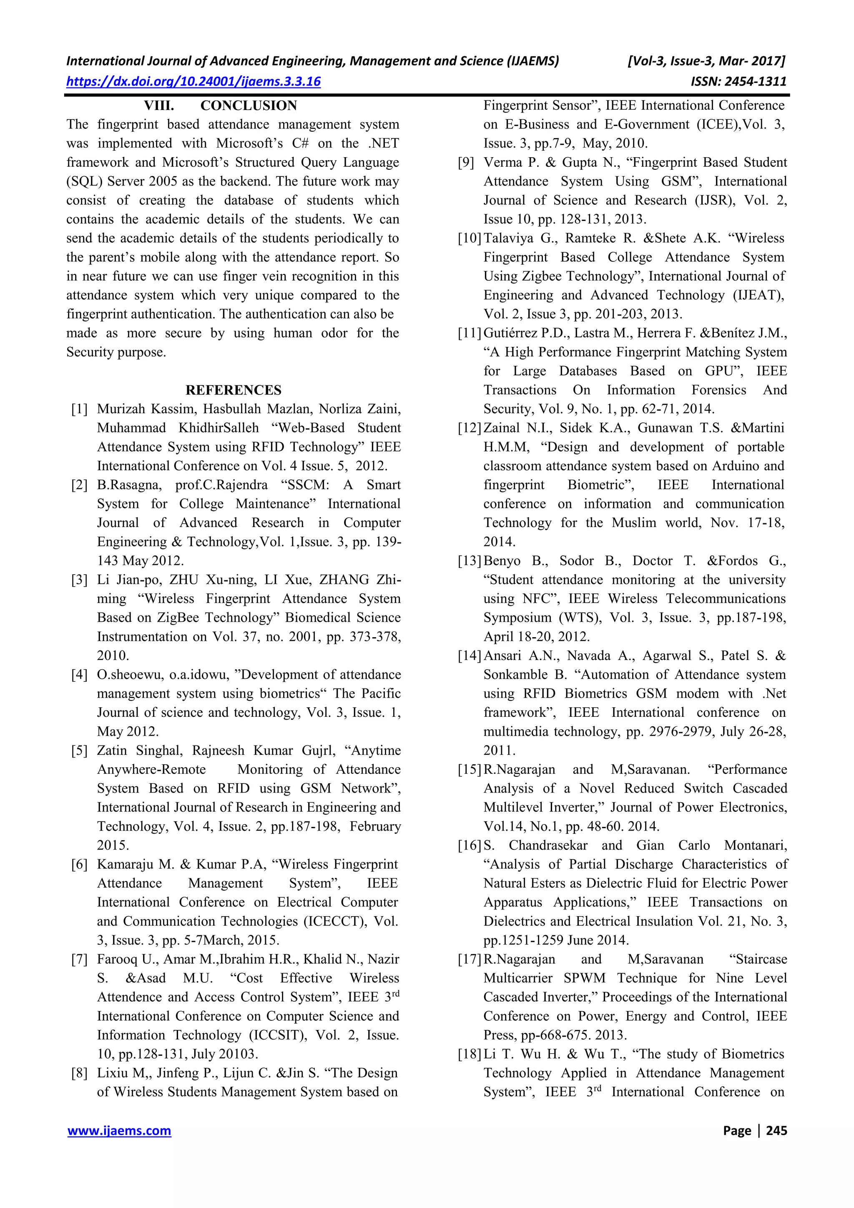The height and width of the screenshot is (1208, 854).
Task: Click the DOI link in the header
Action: (x=193, y=82)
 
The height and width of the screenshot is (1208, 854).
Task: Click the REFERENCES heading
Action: (x=233, y=390)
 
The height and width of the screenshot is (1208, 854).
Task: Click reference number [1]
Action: (x=80, y=409)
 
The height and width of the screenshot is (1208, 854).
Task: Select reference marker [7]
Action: (x=80, y=959)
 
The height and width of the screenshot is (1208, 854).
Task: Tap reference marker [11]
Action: (x=470, y=333)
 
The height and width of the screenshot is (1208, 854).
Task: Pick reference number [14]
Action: (x=470, y=655)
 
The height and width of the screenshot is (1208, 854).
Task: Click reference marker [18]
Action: (x=470, y=1054)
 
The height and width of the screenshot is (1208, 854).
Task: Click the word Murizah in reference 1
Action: (x=121, y=409)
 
